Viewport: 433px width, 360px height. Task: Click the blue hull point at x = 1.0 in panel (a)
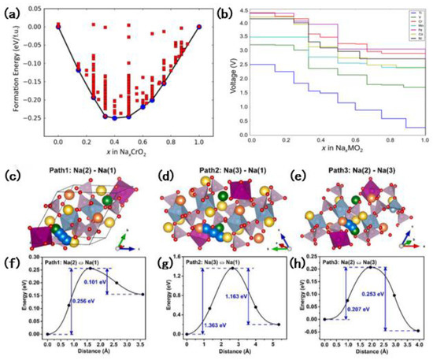point(199,26)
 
